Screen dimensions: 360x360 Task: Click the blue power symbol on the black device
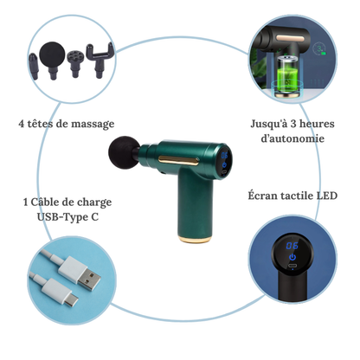[292, 257]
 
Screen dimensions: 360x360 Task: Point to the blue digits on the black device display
[292, 245]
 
